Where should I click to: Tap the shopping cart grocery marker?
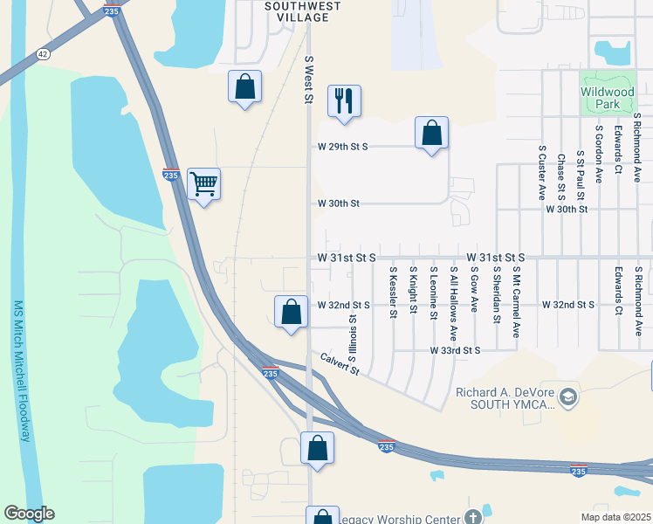[203, 184]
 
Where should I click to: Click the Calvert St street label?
[340, 363]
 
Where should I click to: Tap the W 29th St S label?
[343, 147]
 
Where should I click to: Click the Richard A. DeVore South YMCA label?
[505, 398]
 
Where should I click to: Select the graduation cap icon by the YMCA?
[568, 397]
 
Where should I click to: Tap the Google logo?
[29, 513]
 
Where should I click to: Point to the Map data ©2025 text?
[616, 516]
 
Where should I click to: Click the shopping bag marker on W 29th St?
[431, 133]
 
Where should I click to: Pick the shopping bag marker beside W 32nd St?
[291, 312]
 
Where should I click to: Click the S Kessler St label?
[394, 293]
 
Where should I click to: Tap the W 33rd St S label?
[455, 350]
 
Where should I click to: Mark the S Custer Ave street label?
[541, 175]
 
